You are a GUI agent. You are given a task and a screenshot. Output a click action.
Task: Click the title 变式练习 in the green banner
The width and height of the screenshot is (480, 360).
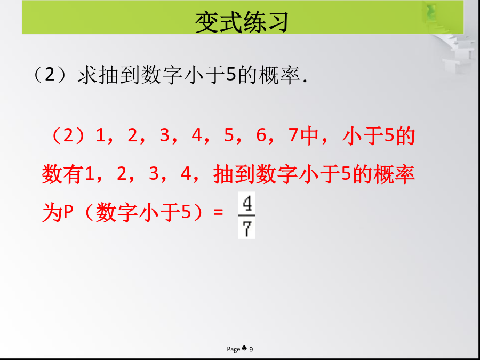242,22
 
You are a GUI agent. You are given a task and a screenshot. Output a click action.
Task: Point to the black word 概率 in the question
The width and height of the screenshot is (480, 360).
279,75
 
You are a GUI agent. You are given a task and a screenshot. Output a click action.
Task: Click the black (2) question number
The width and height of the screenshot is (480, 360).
50,75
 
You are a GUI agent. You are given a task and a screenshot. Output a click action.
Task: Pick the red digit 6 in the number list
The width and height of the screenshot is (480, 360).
261,135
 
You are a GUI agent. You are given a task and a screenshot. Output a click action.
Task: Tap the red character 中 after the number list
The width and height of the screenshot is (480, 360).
310,135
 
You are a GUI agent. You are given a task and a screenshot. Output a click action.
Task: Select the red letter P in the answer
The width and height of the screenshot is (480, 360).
67,212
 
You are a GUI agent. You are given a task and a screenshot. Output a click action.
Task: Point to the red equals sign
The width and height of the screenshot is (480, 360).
218,212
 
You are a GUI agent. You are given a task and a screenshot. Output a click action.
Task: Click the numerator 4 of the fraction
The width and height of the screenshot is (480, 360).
247,204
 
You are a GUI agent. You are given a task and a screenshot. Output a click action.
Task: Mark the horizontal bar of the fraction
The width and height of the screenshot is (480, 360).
247,216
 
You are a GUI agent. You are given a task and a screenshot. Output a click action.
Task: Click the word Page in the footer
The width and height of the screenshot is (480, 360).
234,349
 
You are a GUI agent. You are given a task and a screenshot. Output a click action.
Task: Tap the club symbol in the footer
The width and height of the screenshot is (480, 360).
244,348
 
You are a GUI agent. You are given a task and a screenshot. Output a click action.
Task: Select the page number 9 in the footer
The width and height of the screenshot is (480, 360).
251,349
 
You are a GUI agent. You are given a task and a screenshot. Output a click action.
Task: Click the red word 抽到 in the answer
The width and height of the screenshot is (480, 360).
234,174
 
